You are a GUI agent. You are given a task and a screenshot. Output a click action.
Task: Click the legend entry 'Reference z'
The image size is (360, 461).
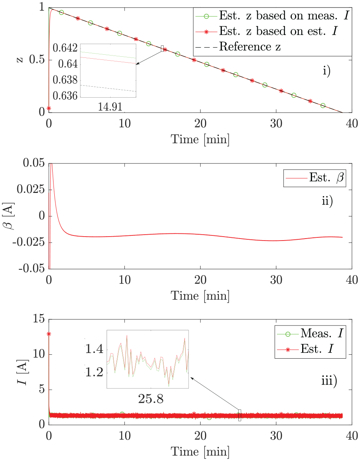(238, 47)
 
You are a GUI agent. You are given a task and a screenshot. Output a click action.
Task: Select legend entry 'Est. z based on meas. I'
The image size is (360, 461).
(272, 15)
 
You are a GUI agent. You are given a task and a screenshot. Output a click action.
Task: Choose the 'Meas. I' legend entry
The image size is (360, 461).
(310, 333)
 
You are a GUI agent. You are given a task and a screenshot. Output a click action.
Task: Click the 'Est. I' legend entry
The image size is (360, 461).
(306, 349)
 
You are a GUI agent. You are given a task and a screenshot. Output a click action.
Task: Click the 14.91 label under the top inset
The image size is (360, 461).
(110, 107)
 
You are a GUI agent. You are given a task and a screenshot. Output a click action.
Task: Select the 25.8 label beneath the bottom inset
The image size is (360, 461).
(151, 399)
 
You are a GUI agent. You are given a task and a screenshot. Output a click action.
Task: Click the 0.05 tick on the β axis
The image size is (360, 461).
(34, 163)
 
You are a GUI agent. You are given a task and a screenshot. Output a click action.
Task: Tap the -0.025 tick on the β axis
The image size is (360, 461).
(29, 243)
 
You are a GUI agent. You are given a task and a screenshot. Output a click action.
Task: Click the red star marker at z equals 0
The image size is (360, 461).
(49, 109)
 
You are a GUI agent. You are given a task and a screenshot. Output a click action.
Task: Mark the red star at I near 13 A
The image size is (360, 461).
(49, 334)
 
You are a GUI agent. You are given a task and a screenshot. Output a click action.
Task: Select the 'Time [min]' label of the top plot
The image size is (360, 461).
(200, 139)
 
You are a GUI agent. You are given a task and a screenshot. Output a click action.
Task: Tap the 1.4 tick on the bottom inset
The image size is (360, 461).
(94, 350)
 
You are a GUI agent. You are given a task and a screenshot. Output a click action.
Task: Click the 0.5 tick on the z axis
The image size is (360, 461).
(37, 60)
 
